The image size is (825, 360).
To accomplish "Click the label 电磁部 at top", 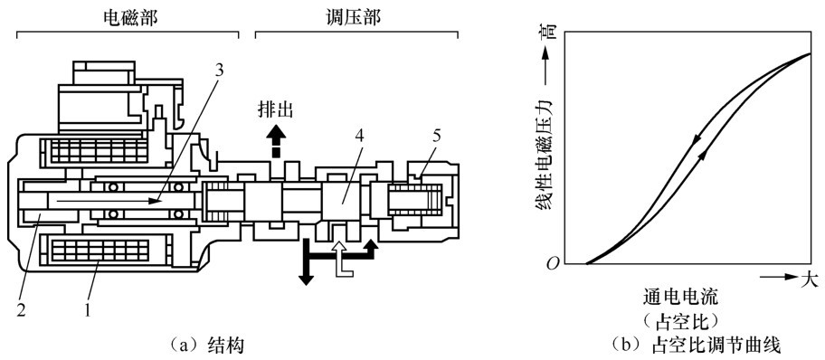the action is (129, 17).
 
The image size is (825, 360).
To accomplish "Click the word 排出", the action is (275, 109).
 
